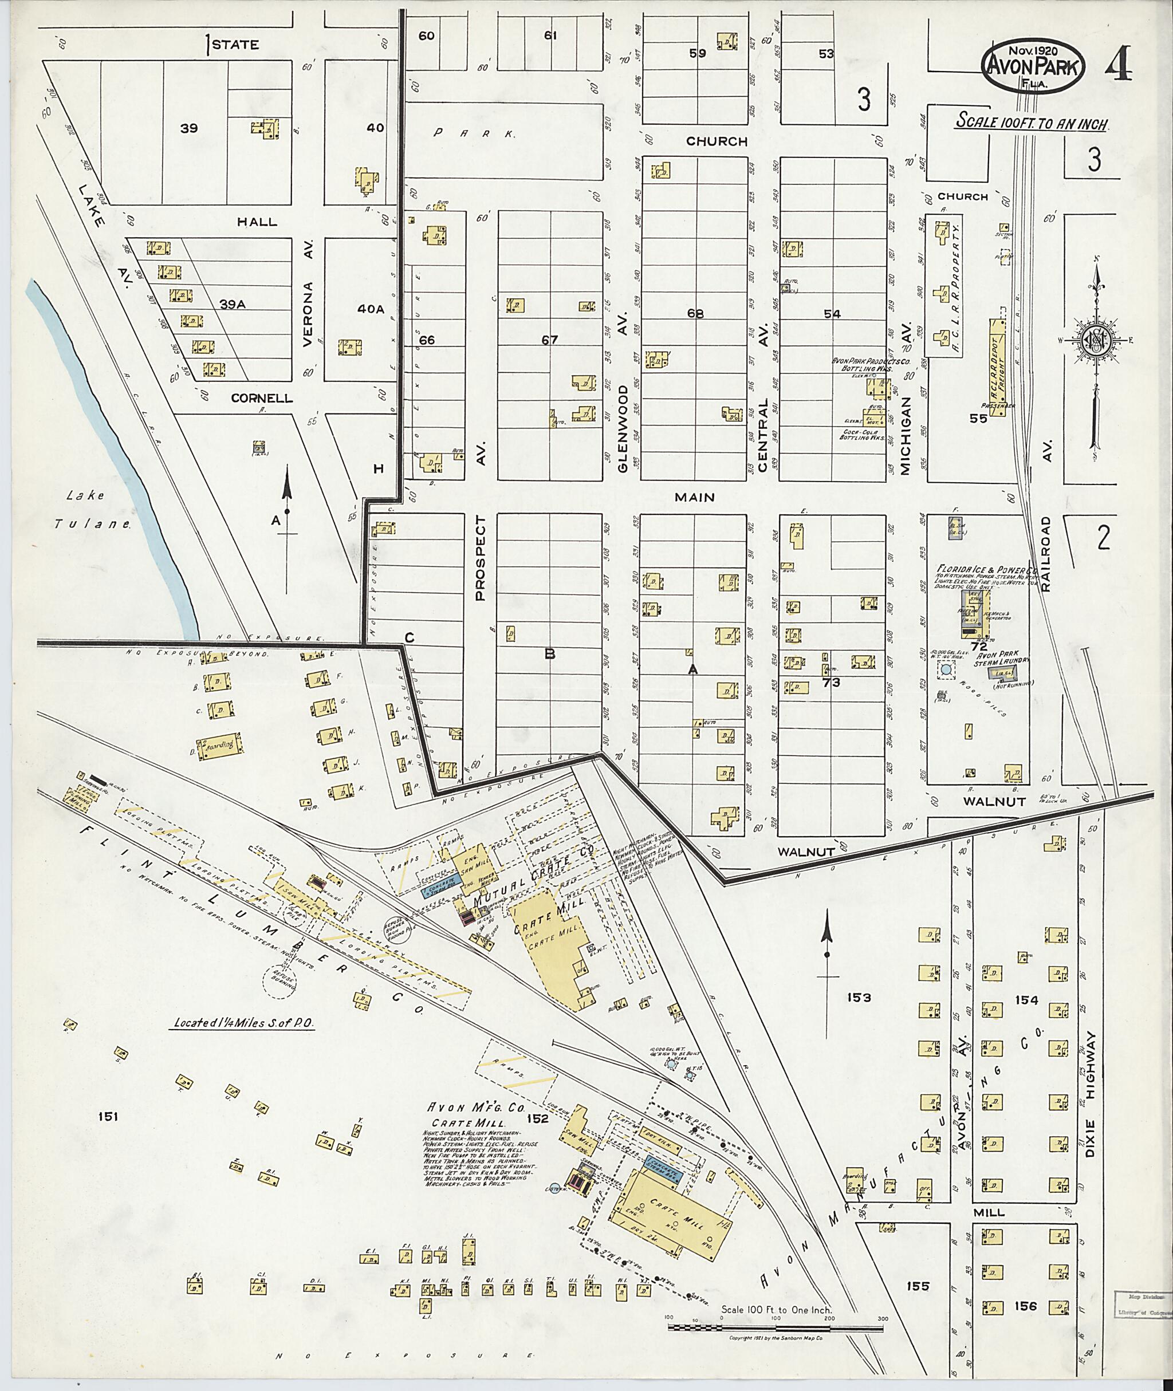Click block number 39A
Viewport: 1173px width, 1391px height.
click(x=233, y=304)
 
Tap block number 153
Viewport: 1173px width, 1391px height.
click(x=859, y=998)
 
